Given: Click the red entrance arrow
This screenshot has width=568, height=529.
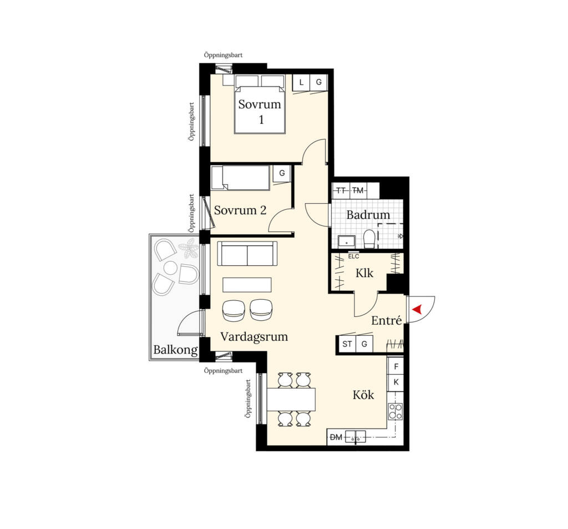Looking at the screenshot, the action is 418,309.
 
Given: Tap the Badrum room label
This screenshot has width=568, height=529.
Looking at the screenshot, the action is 368,215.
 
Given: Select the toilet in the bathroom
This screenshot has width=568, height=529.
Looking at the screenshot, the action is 369,239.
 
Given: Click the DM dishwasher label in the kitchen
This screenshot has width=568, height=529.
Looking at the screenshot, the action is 336,437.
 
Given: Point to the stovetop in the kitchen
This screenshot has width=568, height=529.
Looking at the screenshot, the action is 395,411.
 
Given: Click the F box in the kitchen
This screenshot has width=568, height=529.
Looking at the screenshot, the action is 395,366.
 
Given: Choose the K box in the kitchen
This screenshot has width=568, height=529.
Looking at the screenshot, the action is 395,382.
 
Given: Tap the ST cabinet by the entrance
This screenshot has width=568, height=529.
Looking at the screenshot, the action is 347,344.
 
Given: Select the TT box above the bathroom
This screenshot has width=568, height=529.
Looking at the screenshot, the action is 341,190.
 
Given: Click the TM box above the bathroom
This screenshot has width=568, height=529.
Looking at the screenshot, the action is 358,190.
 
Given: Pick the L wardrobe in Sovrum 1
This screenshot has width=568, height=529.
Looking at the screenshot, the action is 301,82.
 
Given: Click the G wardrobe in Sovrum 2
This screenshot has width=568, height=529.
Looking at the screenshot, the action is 281,173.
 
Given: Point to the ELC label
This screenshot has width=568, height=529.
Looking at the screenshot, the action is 353,256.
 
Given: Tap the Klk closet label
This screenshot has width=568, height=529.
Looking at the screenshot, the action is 364,273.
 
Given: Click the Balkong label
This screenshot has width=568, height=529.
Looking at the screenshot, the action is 175,350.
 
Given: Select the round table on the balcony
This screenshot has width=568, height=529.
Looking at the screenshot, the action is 170,268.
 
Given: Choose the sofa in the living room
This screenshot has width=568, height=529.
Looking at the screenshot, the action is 247,254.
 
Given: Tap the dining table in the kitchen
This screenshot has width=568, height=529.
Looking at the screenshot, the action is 291,399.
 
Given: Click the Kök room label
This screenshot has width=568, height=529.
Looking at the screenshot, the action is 363,395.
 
